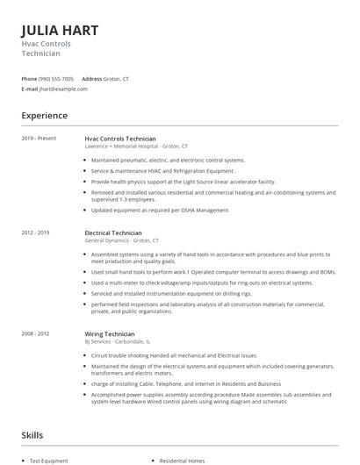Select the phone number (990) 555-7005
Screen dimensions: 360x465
coord(56,79)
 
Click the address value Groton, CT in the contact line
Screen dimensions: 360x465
coord(116,79)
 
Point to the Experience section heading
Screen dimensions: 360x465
coord(44,116)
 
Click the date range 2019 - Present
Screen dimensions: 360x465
coord(39,139)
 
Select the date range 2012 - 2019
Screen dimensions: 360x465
coord(36,233)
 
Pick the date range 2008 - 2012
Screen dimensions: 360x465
coord(36,334)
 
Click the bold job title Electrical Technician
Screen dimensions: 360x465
coord(112,233)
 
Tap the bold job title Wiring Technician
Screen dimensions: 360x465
coord(109,334)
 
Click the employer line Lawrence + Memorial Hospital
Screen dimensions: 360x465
coord(136,146)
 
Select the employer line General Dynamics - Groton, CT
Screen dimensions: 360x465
coord(121,240)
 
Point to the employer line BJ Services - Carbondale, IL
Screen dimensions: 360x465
coord(118,341)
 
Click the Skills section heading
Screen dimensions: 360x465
coord(32,434)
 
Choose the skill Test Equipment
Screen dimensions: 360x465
coord(48,461)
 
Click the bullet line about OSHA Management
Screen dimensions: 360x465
coord(160,211)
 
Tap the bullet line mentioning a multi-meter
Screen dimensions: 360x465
coord(201,283)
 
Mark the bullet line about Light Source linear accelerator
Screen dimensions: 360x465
coord(183,181)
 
